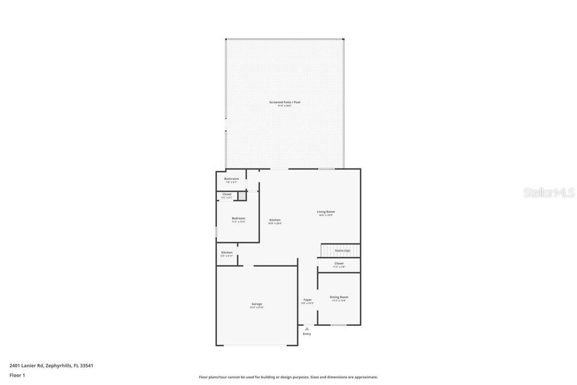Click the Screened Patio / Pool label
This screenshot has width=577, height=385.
point(285,102)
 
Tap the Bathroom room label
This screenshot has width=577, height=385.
point(232,179)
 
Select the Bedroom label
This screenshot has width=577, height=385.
point(238,218)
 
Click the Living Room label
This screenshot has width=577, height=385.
point(326,211)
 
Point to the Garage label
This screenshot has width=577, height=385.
point(257,304)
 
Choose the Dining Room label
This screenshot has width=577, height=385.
point(339,297)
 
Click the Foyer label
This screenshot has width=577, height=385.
point(308,300)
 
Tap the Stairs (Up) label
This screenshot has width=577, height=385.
point(343,250)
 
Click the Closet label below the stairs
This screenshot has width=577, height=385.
point(339,263)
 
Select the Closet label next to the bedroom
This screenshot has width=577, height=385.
point(227,194)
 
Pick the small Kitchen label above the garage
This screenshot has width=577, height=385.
point(227,253)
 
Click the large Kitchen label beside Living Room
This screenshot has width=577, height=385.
point(275,220)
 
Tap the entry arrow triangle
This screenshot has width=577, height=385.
point(307,328)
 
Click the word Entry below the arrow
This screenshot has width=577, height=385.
point(307,334)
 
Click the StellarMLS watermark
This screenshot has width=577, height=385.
point(549,193)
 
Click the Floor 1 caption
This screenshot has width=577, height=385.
point(17,375)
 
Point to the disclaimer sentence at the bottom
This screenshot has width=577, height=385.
point(288,377)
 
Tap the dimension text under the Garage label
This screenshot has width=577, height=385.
point(257,307)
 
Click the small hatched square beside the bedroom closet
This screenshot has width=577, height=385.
point(242,196)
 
